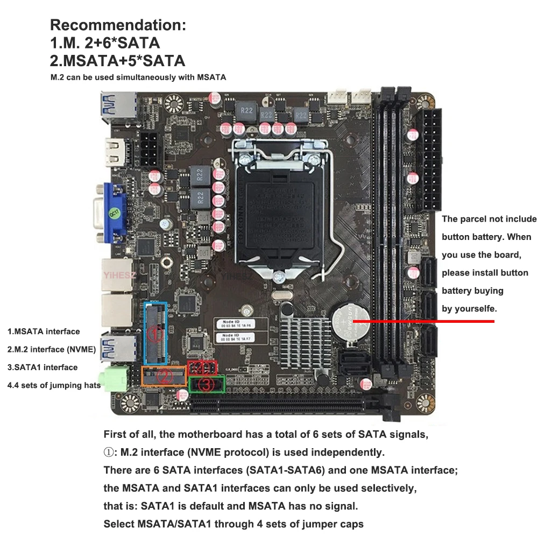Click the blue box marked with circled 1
click(x=156, y=334)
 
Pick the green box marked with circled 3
click(x=207, y=385)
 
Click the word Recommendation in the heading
click(x=118, y=25)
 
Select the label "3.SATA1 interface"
click(x=43, y=367)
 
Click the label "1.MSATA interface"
click(x=44, y=331)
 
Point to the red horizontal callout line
click(x=425, y=321)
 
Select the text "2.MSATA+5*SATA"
click(x=117, y=60)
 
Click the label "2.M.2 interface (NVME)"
click(x=52, y=349)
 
